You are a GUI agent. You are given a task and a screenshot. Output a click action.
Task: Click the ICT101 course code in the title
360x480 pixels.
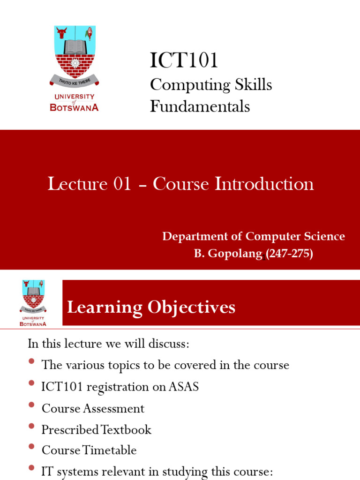tap(184, 60)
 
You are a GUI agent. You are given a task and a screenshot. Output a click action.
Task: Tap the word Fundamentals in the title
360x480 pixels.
tap(200, 106)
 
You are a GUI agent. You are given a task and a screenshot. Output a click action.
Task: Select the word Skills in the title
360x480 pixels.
tap(253, 84)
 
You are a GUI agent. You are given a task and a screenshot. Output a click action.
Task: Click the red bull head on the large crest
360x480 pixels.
tap(62, 33)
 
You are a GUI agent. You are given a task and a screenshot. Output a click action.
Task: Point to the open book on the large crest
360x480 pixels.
tap(75, 47)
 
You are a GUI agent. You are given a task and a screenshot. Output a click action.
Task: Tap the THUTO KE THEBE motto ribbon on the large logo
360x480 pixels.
tap(75, 81)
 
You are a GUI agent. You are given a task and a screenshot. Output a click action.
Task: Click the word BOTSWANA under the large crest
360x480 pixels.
tap(74, 107)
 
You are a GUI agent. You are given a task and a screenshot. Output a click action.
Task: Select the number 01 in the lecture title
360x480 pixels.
tap(122, 184)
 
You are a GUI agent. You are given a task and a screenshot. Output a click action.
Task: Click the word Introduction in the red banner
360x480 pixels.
tap(264, 184)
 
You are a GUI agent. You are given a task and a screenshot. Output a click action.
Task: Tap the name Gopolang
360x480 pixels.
tap(235, 254)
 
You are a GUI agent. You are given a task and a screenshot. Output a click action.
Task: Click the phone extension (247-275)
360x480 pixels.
tap(289, 254)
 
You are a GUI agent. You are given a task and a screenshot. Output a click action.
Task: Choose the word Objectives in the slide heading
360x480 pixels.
tap(191, 307)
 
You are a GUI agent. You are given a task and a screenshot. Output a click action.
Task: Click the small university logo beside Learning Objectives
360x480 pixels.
tap(33, 303)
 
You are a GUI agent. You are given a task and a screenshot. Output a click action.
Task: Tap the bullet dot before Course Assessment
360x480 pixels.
tap(31, 405)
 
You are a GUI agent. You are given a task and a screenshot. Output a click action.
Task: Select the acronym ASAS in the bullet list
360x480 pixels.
tap(184, 387)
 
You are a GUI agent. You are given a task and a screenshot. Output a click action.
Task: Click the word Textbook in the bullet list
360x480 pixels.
tap(126, 429)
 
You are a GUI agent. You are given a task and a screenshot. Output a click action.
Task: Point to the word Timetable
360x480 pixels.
tap(110, 450)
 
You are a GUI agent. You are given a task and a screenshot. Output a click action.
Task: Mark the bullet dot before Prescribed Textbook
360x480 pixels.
tap(31, 426)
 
